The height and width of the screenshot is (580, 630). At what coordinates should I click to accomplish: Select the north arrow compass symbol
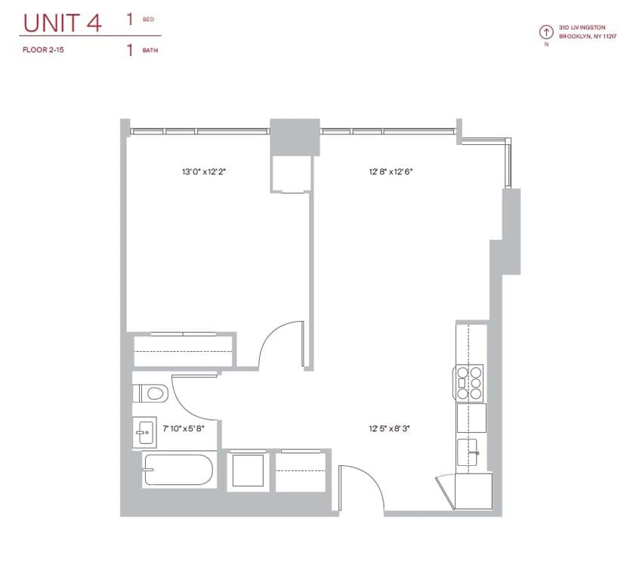(545, 32)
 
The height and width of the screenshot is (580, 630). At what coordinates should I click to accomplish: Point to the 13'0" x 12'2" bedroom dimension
(204, 172)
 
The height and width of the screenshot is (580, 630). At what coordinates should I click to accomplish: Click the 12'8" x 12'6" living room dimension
(391, 172)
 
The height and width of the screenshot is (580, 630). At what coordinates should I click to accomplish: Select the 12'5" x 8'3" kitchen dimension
(391, 428)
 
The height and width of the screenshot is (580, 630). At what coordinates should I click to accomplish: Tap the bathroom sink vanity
(144, 433)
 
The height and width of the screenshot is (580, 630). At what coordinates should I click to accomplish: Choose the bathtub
(178, 470)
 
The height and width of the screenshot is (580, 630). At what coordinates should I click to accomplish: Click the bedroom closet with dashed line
(184, 352)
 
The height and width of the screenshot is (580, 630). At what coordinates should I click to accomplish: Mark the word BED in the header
(148, 20)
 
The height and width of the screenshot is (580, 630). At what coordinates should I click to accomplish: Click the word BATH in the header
(150, 51)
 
